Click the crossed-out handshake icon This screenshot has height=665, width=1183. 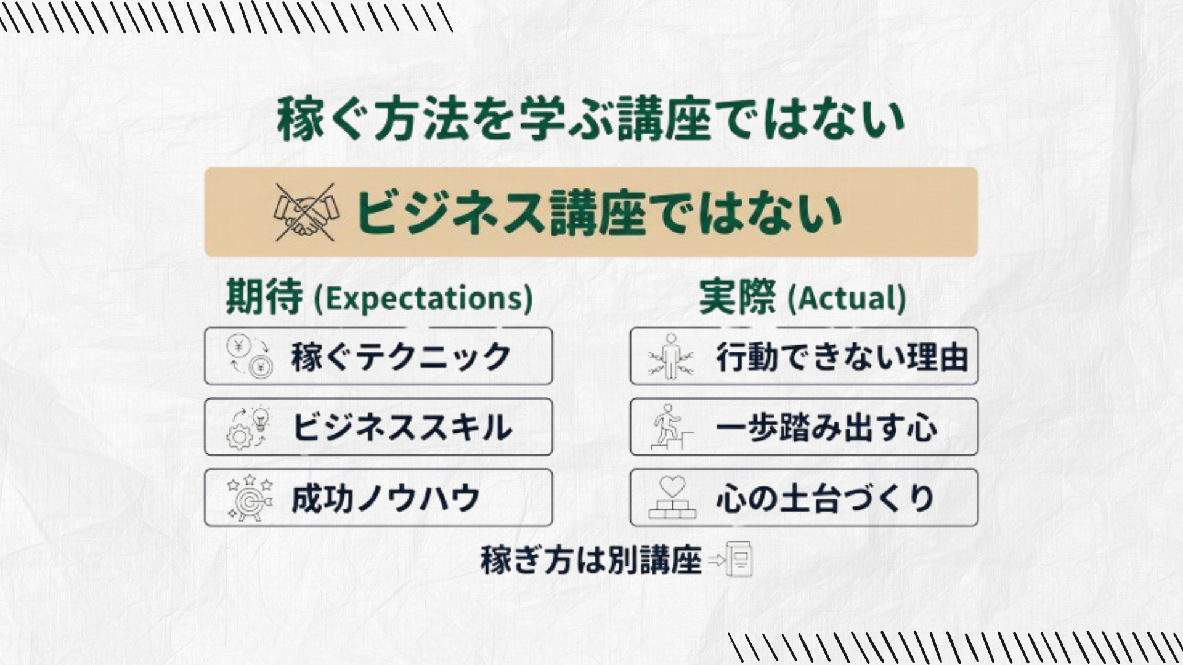click(306, 212)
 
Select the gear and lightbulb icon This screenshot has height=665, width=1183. click(249, 427)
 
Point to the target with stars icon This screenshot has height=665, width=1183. click(249, 498)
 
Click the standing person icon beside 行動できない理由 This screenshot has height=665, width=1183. click(670, 357)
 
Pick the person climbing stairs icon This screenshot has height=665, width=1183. click(672, 427)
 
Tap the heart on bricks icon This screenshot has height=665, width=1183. click(672, 498)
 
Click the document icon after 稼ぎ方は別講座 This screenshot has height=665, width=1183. click(739, 559)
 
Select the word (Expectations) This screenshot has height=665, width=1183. click(423, 298)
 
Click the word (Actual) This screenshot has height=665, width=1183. click(847, 298)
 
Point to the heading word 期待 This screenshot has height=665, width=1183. click(264, 296)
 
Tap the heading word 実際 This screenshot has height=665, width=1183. click(737, 297)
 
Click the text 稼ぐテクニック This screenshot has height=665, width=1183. click(401, 357)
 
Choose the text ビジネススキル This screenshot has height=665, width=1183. click(402, 427)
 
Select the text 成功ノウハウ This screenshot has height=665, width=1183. click(386, 498)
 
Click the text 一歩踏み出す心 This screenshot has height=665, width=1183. click(827, 427)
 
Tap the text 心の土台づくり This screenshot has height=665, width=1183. click(826, 498)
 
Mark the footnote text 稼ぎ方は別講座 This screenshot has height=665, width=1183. click(591, 560)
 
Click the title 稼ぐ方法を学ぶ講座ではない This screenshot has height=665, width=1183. click(591, 118)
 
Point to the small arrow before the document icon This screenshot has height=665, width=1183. click(717, 560)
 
